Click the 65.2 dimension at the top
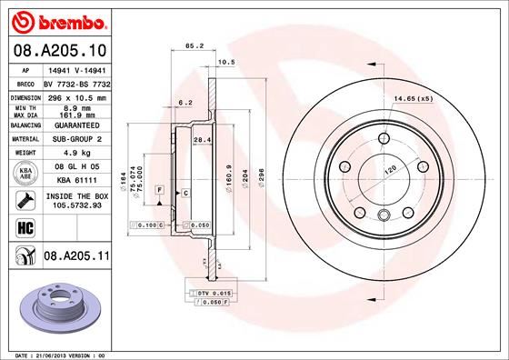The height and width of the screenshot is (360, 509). coord(193,44)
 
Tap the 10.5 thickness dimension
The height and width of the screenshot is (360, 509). coord(227,62)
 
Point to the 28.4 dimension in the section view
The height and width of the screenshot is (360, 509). coord(203,139)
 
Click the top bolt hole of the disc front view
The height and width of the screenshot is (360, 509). coord(382,136)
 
